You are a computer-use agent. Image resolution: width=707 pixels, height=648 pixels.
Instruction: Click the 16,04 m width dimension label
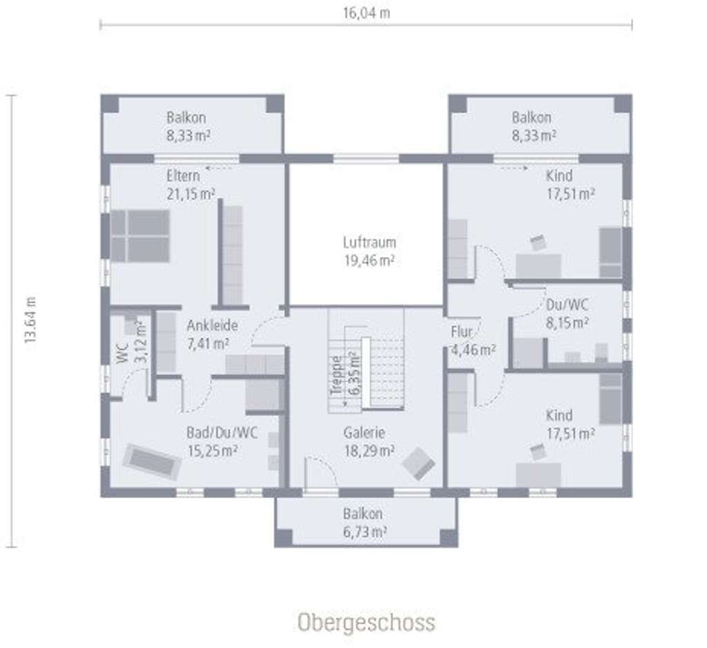366,13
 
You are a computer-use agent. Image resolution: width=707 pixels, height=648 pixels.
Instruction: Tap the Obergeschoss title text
366,622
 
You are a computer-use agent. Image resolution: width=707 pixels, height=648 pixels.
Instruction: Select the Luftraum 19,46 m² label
369,251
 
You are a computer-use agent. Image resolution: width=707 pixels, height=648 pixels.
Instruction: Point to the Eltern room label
183,175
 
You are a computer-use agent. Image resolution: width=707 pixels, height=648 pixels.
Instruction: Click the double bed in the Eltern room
140,236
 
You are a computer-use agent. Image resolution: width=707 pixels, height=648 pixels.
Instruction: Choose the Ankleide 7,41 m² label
212,334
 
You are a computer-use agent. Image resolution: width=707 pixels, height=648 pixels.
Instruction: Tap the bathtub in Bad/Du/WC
152,461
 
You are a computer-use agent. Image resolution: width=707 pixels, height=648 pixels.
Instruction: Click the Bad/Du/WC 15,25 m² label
222,441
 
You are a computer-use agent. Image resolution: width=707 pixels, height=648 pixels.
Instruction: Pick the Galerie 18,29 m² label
369,441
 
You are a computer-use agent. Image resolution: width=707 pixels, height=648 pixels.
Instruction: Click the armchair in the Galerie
418,464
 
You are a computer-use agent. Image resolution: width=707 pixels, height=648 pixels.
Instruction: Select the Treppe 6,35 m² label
345,375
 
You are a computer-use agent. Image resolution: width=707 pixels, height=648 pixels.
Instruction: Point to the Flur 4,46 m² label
473,341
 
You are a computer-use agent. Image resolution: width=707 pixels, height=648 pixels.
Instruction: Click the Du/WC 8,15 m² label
567,314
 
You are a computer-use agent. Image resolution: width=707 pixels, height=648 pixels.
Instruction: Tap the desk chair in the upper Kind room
537,242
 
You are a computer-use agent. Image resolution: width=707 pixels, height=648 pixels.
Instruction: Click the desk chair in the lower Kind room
537,452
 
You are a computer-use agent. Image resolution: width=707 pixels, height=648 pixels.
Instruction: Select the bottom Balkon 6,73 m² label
365,522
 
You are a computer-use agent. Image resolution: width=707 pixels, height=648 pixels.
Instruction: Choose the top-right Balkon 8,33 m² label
533,126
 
